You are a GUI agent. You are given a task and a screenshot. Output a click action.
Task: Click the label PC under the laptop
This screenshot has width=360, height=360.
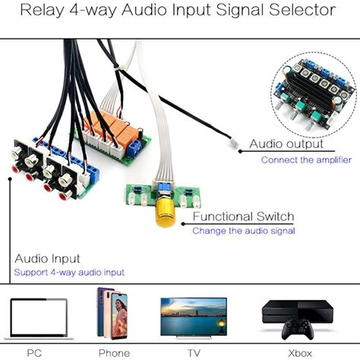click(34, 352)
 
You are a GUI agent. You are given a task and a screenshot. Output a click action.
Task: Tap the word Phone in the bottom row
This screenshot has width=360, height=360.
click(114, 352)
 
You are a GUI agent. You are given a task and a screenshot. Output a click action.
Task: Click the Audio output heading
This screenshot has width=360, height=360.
click(286, 144)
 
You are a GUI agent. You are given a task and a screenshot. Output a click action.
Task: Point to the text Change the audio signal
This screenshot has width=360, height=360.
click(243, 230)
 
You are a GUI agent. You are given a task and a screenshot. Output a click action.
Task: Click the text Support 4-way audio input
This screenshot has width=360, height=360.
click(69, 271)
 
